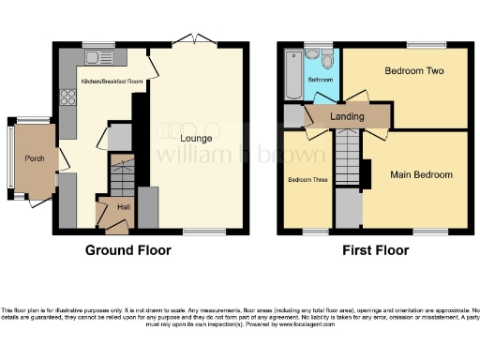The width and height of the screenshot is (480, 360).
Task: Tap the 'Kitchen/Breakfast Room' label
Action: pos(112,82)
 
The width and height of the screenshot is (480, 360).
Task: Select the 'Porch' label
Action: pos(34,158)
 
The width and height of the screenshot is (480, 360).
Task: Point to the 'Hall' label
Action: pos(124,206)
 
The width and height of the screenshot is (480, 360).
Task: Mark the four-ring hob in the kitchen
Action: pos(67,96)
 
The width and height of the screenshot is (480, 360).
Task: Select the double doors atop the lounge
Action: pos(199,42)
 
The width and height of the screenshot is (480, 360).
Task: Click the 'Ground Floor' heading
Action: pos(127,250)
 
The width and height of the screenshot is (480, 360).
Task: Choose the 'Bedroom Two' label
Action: pos(413,71)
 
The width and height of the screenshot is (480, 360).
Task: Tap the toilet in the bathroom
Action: pos(326,60)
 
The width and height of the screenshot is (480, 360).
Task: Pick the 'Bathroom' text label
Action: pos(322,80)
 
